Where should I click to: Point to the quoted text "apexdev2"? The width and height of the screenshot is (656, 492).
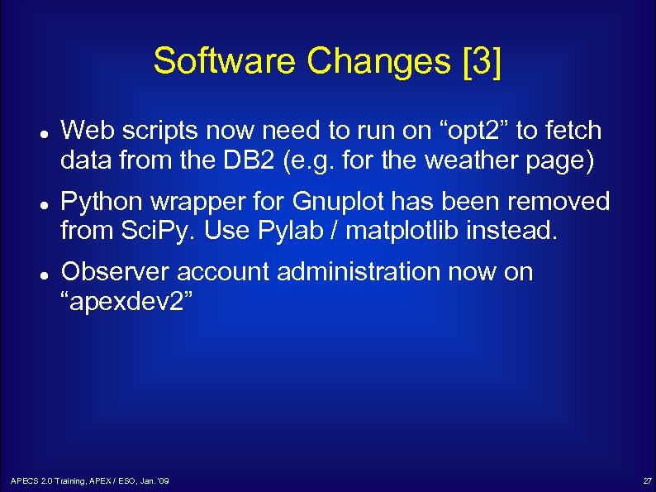tap(128, 302)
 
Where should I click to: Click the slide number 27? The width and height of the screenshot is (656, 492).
tap(647, 480)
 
